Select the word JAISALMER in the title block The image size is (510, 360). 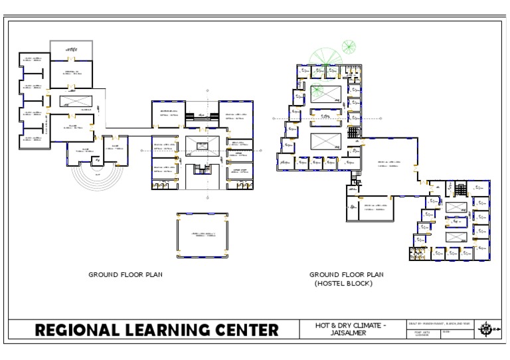[350, 333]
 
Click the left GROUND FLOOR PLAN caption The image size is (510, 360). [126, 274]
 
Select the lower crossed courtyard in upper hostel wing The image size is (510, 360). [325, 143]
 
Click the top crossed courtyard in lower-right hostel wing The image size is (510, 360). [456, 207]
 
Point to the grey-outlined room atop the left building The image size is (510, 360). [71, 50]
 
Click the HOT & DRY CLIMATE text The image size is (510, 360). [350, 325]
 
